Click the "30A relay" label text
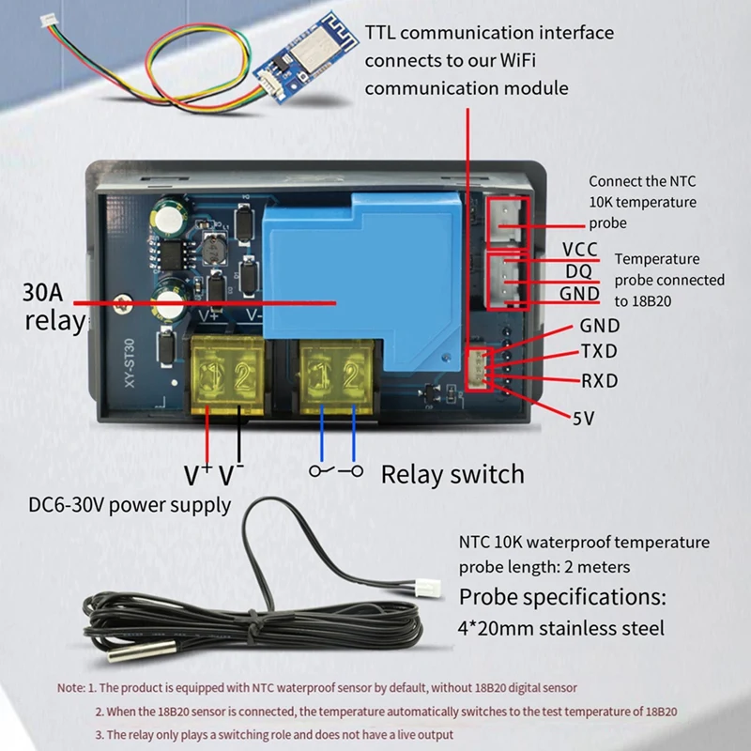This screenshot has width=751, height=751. pos(54,305)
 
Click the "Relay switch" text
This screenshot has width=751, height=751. pos(452,473)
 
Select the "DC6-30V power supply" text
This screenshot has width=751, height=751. pos(130,505)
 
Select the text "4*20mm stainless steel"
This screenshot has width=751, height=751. pos(561,628)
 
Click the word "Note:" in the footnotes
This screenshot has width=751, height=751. pos(71,687)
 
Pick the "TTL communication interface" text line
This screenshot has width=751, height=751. pos(489,33)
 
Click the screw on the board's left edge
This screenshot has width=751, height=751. pos(120,302)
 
